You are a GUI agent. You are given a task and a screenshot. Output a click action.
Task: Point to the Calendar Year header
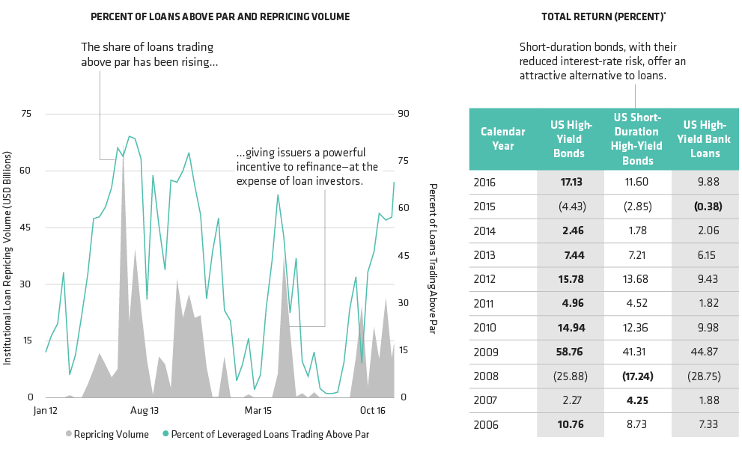(x=502, y=138)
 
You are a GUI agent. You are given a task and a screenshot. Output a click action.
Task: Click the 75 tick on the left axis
(x=27, y=114)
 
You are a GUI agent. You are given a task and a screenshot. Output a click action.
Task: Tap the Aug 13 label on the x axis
(x=145, y=411)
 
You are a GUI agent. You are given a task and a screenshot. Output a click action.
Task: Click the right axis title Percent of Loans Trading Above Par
(x=432, y=258)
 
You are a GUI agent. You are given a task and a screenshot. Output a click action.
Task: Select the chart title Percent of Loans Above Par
(x=220, y=16)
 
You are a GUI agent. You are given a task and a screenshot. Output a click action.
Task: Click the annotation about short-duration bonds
(x=602, y=61)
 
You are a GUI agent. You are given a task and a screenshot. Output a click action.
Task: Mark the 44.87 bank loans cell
(x=704, y=350)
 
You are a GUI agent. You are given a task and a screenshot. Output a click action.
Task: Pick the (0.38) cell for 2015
(x=704, y=206)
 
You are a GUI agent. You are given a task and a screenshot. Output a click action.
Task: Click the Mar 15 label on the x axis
(x=258, y=411)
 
